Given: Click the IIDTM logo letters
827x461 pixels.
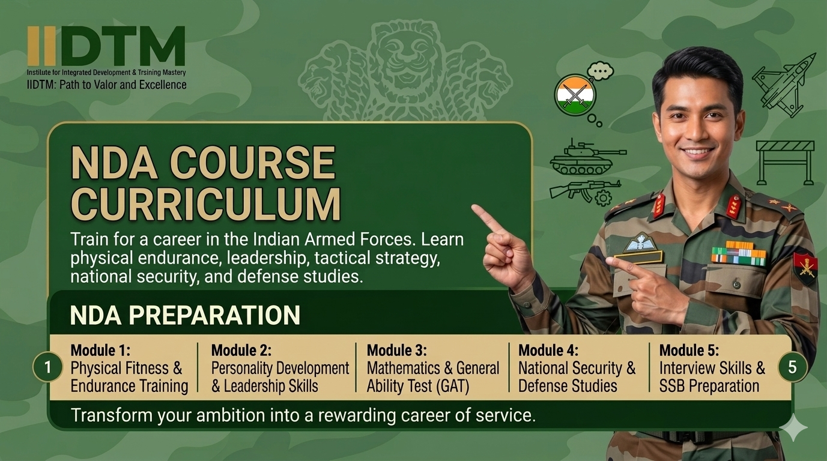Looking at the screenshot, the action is [106, 46].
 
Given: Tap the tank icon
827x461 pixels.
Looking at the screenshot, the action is [588, 157].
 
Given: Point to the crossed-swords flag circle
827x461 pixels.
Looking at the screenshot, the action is [575, 95].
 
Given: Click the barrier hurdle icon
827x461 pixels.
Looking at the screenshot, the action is [785, 163].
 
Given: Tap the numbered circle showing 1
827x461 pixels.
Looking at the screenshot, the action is [47, 367].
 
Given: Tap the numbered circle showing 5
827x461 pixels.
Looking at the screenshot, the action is [792, 367].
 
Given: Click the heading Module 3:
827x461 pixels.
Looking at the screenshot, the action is [396, 350].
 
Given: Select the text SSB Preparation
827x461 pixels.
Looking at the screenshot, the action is [709, 386].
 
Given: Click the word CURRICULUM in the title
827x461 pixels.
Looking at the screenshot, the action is [205, 204].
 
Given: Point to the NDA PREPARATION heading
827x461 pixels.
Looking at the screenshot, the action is [185, 315].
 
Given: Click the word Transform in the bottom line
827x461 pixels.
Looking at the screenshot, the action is [112, 415].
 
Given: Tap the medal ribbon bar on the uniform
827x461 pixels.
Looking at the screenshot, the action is [738, 253].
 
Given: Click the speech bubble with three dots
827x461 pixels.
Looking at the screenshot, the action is [601, 71].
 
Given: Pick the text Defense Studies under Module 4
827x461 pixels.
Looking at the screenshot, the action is [568, 386].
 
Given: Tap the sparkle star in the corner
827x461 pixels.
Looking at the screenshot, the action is [795, 427].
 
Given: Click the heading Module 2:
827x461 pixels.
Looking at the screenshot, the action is [241, 350].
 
